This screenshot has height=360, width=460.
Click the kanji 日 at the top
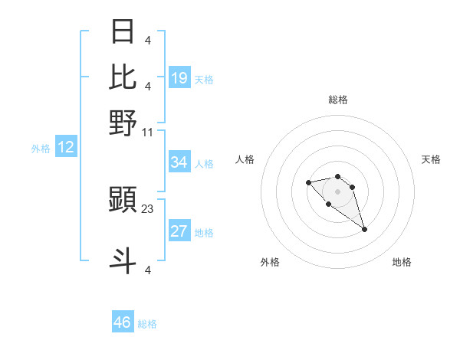coord(123,32)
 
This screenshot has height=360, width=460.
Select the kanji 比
coord(123,77)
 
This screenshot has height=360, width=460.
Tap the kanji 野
coord(123,122)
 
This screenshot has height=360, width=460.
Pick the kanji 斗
coord(123,260)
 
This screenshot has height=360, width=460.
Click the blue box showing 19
coord(179,78)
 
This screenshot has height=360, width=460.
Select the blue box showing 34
coord(179,162)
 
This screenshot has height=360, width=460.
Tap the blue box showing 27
coord(179,232)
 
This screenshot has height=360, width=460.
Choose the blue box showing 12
coord(66,148)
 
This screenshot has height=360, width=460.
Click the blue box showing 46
coord(123,322)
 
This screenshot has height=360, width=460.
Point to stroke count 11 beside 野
coord(147,132)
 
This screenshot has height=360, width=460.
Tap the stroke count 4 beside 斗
coord(147,269)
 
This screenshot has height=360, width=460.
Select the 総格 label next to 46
coord(147,324)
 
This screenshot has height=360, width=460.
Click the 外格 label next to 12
coord(41,149)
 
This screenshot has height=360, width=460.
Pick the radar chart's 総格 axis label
coord(337,100)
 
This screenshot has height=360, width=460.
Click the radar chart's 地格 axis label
coord(402,262)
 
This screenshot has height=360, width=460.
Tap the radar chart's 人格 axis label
coord(245,159)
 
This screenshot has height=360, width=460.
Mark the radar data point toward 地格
coord(364,229)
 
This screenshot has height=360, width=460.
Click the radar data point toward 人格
coord(308,182)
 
